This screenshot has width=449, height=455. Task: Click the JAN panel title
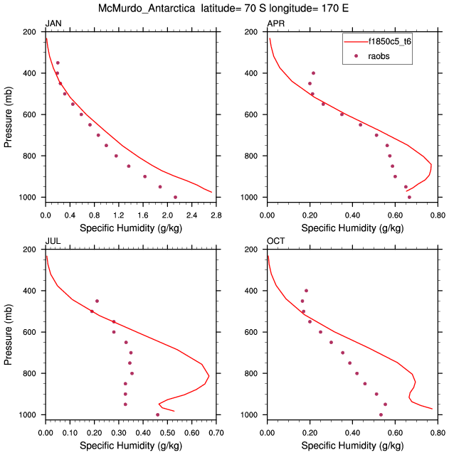53,24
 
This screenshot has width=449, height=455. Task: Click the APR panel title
275,24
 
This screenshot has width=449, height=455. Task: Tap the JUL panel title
53,242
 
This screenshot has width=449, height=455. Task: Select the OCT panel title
275,242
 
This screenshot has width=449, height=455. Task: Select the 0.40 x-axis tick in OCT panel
352,431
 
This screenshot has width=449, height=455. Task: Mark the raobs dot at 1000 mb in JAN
175,197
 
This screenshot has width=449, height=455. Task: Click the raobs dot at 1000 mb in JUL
157,414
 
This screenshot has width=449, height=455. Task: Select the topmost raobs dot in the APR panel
313,73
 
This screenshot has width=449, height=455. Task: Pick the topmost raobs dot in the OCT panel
307,291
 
